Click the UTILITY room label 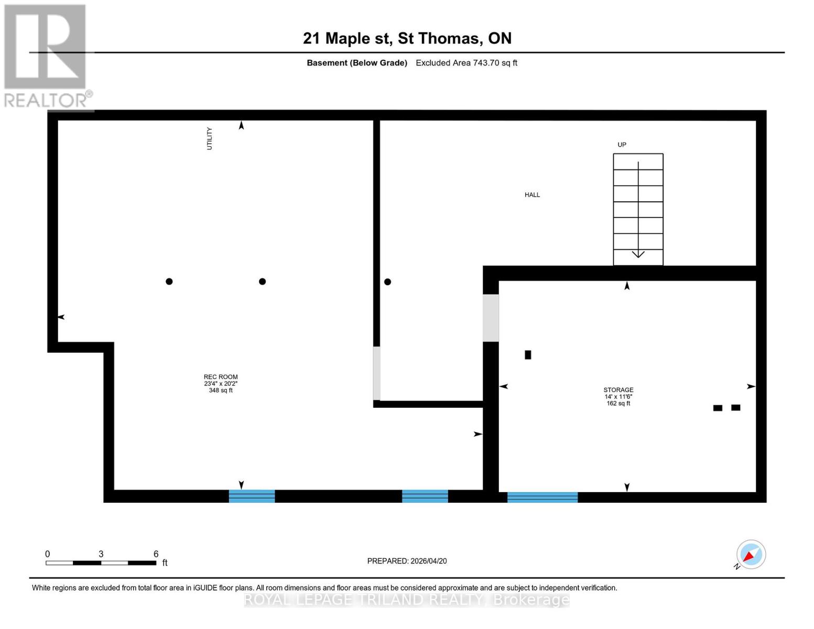[x=210, y=138]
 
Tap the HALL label [x=532, y=195]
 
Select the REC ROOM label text [x=221, y=377]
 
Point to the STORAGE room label [x=618, y=390]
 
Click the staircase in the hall [x=638, y=209]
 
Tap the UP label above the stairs [x=622, y=145]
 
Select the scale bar [x=101, y=563]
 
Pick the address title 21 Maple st [x=407, y=38]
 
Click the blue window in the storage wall [x=542, y=497]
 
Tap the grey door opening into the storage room [x=491, y=318]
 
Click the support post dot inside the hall [x=387, y=282]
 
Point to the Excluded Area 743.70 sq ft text [x=466, y=63]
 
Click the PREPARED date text [x=407, y=561]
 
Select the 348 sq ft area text [x=221, y=391]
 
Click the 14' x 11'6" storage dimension [x=618, y=397]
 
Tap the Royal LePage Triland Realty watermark [x=407, y=600]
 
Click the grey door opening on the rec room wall [x=376, y=373]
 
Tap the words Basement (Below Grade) [x=357, y=63]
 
